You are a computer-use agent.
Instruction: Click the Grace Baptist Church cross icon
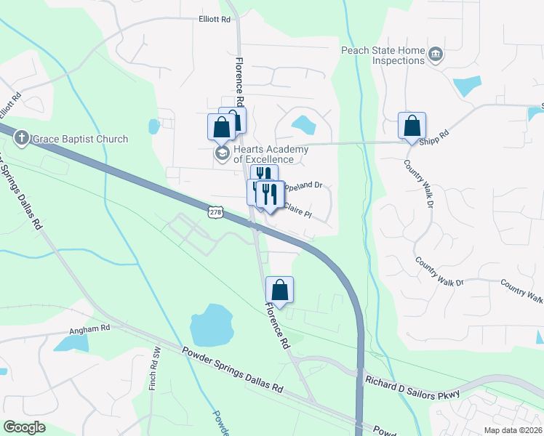click(x=23, y=138)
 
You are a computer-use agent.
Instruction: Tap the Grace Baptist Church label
click(x=79, y=139)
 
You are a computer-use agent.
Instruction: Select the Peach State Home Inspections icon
click(x=436, y=54)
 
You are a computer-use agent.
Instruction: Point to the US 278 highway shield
click(x=215, y=211)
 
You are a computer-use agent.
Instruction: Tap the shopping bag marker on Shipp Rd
click(x=412, y=126)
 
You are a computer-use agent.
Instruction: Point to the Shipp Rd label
click(x=435, y=135)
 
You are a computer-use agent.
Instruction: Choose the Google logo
click(x=25, y=427)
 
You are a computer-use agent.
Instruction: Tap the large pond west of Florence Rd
click(x=211, y=324)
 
